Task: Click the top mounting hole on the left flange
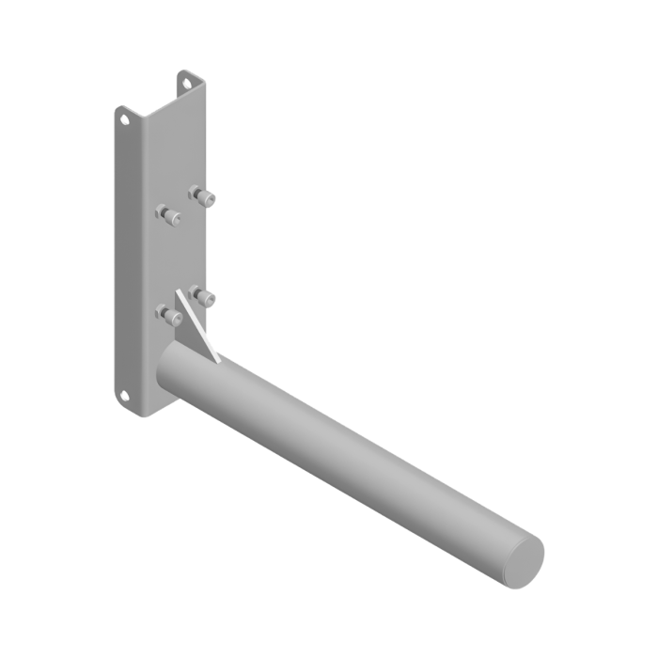(x=124, y=119)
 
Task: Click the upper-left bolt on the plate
(x=168, y=214)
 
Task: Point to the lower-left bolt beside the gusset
(x=168, y=314)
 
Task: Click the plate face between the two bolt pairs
(x=184, y=254)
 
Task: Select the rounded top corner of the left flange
(x=119, y=108)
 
